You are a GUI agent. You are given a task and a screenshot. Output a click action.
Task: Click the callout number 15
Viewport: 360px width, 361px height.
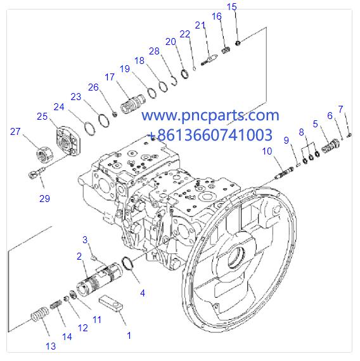click(x=231, y=7)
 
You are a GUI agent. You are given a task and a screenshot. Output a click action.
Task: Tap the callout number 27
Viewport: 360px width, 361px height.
click(x=16, y=131)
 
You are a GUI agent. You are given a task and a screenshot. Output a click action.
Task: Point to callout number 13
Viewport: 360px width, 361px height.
click(x=51, y=346)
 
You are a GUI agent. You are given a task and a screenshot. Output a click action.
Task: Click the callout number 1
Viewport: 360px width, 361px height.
click(x=129, y=336)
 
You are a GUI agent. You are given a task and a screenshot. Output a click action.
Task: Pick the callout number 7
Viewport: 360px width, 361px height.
click(x=340, y=109)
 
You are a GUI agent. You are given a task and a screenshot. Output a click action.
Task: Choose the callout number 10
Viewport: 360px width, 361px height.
click(x=267, y=151)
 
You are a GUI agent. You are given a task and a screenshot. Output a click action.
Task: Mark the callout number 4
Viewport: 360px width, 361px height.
click(x=142, y=293)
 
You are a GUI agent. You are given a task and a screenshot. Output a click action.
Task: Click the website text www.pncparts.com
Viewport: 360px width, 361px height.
click(x=209, y=116)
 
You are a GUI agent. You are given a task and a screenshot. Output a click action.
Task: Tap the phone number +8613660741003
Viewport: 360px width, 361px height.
click(x=210, y=135)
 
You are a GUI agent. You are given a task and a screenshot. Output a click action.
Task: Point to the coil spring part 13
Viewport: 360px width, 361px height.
click(x=39, y=314)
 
